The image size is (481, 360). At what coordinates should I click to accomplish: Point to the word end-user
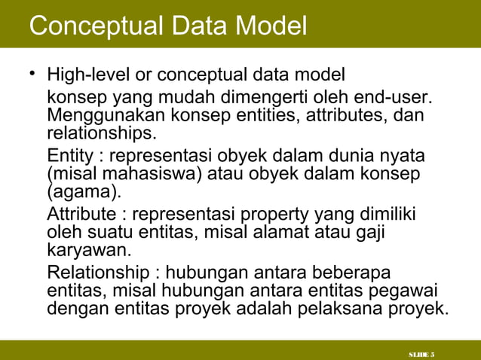395,99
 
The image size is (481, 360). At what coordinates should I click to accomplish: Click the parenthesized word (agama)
81,193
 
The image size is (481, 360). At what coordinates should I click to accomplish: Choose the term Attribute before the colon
79,215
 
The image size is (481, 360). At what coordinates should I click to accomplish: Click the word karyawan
79,250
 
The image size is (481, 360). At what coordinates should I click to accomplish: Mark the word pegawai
412,291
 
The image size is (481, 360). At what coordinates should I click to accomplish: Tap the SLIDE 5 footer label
425,354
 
